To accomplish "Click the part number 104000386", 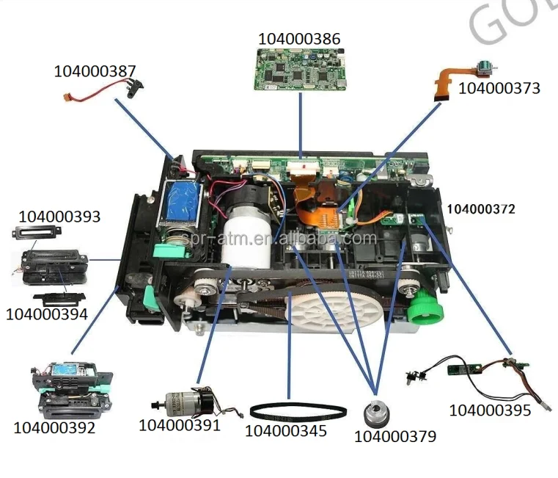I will click(x=299, y=39).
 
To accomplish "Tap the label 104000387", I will click(x=95, y=71).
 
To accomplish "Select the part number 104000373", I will click(x=499, y=88).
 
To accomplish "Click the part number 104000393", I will click(x=59, y=217).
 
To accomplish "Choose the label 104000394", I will click(x=47, y=314).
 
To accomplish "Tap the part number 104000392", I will click(x=54, y=427).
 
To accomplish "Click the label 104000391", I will click(x=180, y=424).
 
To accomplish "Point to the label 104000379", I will click(x=394, y=436).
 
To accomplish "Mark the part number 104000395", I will click(x=490, y=410).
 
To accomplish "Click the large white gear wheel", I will click(x=331, y=313).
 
